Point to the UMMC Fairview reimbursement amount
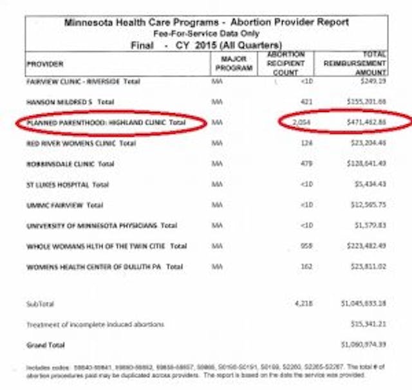[368, 205]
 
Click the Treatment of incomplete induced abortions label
[95, 324]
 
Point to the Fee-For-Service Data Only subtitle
[207, 32]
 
